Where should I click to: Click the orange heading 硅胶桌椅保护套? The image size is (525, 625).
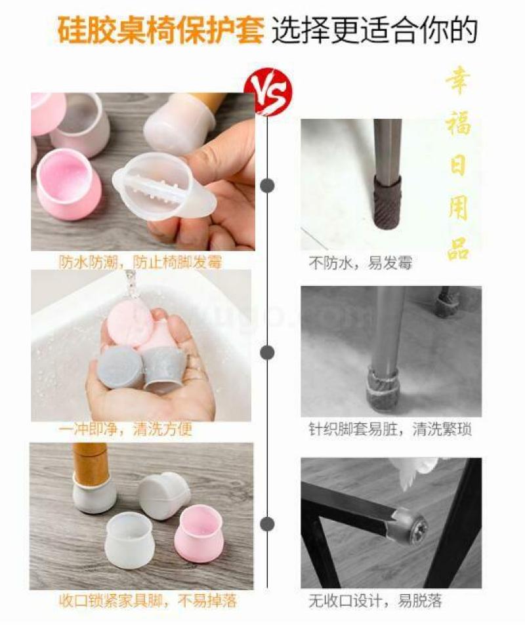pyautogui.click(x=161, y=30)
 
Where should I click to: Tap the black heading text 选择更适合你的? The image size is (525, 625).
pyautogui.click(x=375, y=30)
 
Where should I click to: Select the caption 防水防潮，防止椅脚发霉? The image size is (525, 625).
pyautogui.click(x=140, y=262)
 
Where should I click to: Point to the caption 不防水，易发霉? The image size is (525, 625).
pyautogui.click(x=361, y=263)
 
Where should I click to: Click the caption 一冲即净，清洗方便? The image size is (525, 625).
pyautogui.click(x=125, y=430)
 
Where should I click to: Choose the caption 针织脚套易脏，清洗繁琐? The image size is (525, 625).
pyautogui.click(x=390, y=430)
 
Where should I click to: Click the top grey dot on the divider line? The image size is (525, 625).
pyautogui.click(x=268, y=186)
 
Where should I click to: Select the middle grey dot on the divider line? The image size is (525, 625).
pyautogui.click(x=268, y=352)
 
